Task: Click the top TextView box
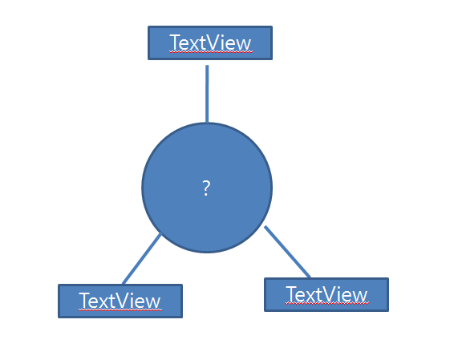[x=210, y=43]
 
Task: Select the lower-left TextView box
[x=120, y=301]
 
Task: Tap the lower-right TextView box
[x=326, y=294]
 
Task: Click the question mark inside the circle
[x=206, y=188]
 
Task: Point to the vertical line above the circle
[x=207, y=94]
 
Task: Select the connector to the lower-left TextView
[x=142, y=259]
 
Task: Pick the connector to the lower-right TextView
[x=287, y=252]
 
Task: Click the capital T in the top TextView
[x=176, y=42]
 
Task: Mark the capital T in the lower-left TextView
[x=86, y=301]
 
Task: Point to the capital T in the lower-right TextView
[x=292, y=294]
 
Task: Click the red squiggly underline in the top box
[x=211, y=52]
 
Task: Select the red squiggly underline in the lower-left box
[x=120, y=310]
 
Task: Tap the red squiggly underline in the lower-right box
[x=327, y=304]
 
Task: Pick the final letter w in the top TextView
[x=244, y=45]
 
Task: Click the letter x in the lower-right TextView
[x=311, y=297]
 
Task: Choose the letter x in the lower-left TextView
[x=105, y=303]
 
